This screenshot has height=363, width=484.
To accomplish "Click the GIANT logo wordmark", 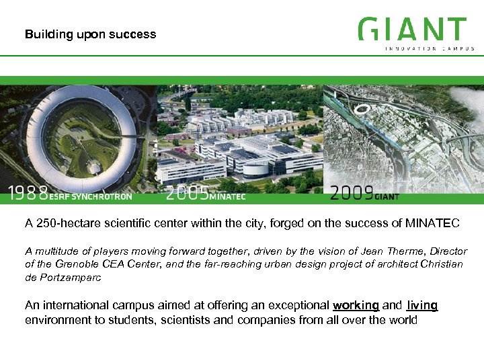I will coord(412,30).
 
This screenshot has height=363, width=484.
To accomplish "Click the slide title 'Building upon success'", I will coord(90,34).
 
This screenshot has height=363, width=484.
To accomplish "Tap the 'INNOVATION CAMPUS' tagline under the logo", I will coord(430,48).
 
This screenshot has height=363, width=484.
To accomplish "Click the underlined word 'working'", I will coord(356,305).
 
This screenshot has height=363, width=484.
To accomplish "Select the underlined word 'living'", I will coord(422,305).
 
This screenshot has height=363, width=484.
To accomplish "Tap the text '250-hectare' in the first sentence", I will coord(67,223).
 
